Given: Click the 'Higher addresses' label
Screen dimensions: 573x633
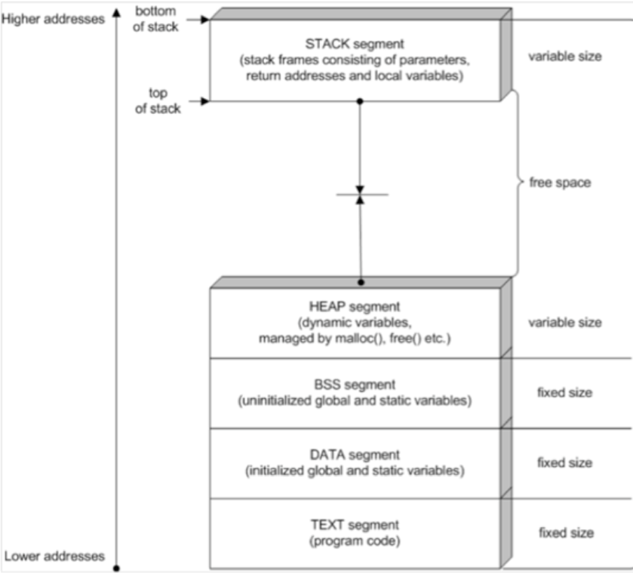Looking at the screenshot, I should point(53,19).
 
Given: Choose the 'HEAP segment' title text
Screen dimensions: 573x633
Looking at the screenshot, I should point(354,306).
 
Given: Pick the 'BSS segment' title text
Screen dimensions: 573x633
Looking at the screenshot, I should point(355,385).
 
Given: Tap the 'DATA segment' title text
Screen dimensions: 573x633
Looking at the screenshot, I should point(355,455).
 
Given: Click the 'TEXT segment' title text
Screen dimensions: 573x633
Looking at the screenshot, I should point(355,524).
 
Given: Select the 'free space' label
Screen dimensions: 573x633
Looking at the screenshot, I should point(560,182).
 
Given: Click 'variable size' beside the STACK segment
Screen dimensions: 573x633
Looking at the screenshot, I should point(565,56).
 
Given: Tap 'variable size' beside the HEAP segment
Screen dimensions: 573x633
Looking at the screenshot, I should point(565,323).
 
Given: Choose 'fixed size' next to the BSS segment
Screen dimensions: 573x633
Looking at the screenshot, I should point(564,393).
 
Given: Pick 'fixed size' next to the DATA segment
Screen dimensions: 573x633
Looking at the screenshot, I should point(564,463).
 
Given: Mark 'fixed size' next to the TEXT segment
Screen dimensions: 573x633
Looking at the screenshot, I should point(564,533).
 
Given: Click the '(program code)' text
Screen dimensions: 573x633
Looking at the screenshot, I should point(355,541).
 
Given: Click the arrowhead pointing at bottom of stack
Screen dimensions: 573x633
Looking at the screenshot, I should point(204,20).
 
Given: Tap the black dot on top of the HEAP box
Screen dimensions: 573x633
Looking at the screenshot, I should point(361,282).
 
